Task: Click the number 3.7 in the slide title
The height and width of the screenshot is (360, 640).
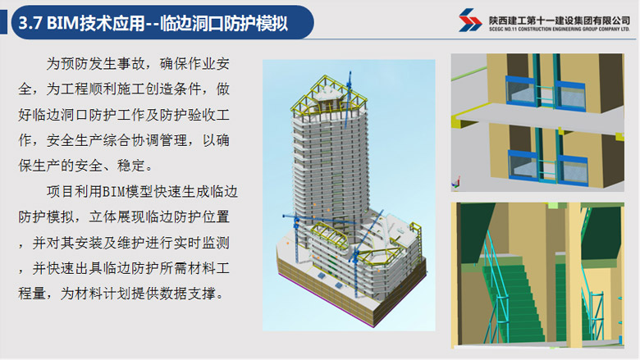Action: [x=30, y=23]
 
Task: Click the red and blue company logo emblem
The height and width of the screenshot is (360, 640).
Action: [x=470, y=20]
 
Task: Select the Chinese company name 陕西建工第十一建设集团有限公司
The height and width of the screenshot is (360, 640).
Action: [x=560, y=20]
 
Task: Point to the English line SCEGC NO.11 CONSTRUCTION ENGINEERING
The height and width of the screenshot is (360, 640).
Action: [x=560, y=30]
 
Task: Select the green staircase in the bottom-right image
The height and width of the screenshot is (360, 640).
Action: [x=515, y=302]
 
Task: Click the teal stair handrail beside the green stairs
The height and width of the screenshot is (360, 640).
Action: [x=496, y=285]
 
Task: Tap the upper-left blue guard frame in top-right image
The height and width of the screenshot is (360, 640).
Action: [x=521, y=91]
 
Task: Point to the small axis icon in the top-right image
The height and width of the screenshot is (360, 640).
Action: [x=455, y=183]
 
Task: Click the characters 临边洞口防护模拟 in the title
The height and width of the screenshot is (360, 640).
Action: [x=224, y=23]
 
